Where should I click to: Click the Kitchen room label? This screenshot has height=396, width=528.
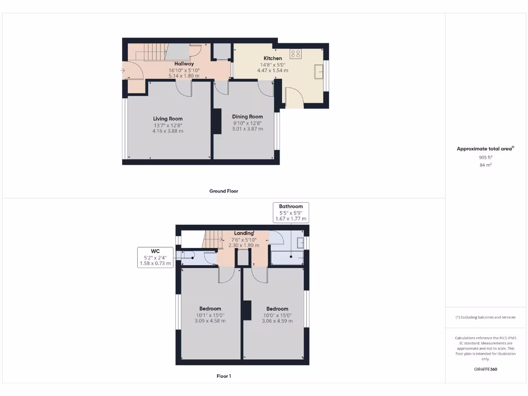pyautogui.click(x=273, y=58)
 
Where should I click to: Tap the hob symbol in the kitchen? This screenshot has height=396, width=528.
pyautogui.click(x=296, y=53)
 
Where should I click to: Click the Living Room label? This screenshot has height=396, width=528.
pyautogui.click(x=168, y=119)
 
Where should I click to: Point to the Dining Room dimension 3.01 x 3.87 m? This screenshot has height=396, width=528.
pyautogui.click(x=247, y=129)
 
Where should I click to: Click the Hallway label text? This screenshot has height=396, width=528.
pyautogui.click(x=184, y=64)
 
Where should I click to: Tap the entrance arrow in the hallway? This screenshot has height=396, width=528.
pyautogui.click(x=122, y=71)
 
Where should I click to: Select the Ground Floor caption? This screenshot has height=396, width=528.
pyautogui.click(x=223, y=191)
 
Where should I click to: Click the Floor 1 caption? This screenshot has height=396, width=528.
pyautogui.click(x=223, y=376)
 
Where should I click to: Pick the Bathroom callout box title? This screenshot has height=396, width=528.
pyautogui.click(x=291, y=206)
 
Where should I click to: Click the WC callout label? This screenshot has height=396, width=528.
pyautogui.click(x=155, y=251)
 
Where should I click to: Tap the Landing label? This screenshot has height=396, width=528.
pyautogui.click(x=243, y=233)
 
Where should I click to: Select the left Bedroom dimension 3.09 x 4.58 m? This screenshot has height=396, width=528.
pyautogui.click(x=210, y=321)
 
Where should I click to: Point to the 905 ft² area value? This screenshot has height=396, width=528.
pyautogui.click(x=485, y=157)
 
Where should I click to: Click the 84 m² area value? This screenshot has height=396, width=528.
pyautogui.click(x=485, y=165)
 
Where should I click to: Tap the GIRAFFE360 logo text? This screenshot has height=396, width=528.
pyautogui.click(x=485, y=369)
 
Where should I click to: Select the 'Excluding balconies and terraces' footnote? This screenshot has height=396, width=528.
pyautogui.click(x=485, y=317)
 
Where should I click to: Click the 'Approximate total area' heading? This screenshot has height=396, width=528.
pyautogui.click(x=485, y=148)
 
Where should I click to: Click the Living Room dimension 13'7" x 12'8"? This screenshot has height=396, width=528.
pyautogui.click(x=168, y=125)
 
